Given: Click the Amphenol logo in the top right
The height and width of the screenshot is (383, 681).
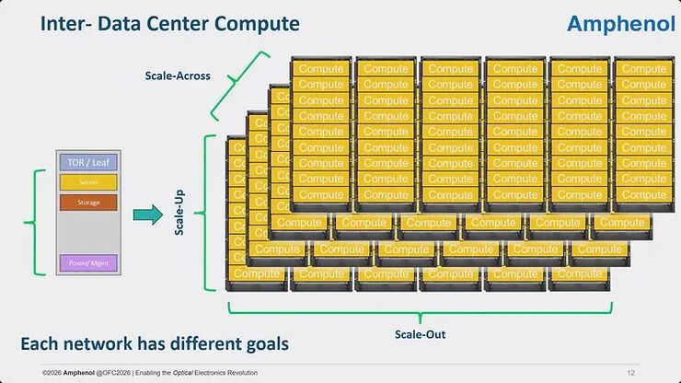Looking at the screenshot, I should pos(621,23).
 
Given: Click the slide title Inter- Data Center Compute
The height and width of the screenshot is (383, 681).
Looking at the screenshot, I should pos(169,22).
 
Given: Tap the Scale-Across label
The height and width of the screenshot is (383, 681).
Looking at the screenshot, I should pos(178,75).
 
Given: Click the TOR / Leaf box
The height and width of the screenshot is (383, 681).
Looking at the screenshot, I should pos(88,163).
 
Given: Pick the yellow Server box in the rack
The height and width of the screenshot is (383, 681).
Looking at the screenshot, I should pos(88,182).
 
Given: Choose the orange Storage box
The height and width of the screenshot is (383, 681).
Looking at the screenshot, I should pos(88,202).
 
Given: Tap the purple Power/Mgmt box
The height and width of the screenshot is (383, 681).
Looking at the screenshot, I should pos(88,262).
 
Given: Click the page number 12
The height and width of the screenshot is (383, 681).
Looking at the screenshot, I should pos(630,372).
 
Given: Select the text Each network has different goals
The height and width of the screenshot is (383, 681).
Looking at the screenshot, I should pos(155,344).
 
